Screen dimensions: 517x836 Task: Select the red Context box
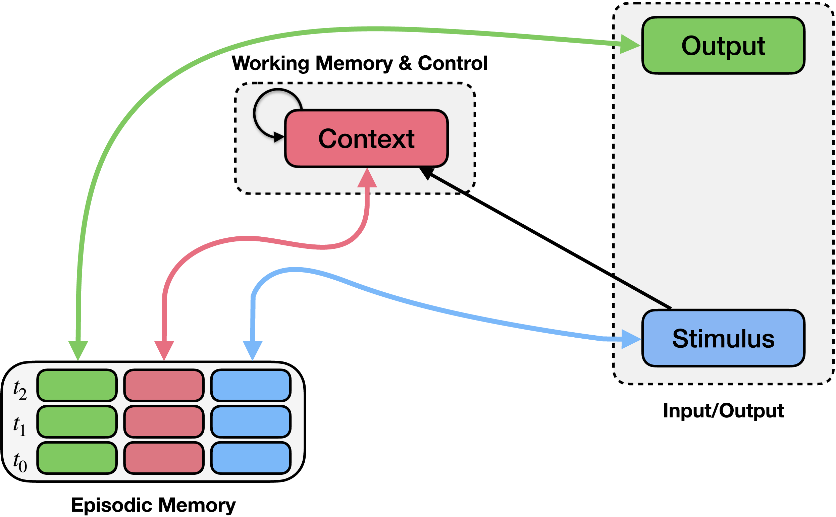(366, 138)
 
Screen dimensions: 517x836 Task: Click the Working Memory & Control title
(360, 63)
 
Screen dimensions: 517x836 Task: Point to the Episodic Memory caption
(153, 505)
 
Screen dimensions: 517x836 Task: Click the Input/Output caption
(723, 410)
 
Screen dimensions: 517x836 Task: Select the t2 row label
(19, 390)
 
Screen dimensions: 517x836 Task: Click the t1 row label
(19, 426)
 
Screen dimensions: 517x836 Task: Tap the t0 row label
(19, 462)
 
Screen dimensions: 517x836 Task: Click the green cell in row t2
(77, 385)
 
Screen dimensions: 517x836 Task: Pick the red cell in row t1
(164, 421)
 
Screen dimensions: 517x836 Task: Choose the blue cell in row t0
(251, 458)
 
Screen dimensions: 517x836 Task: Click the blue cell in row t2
(251, 385)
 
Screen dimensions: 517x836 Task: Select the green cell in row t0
(77, 458)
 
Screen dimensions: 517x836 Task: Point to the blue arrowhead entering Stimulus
(630, 339)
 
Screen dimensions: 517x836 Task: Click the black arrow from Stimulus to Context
(547, 239)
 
